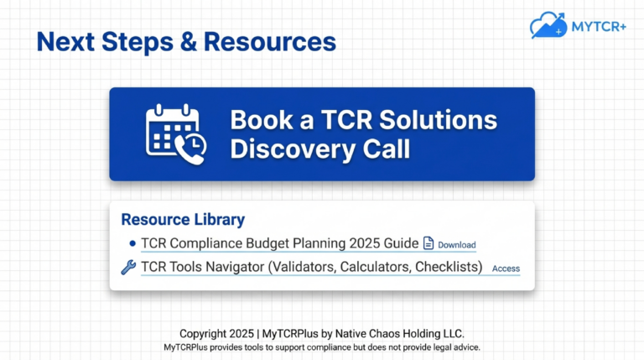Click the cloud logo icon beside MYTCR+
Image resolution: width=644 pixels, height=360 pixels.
coord(548,25)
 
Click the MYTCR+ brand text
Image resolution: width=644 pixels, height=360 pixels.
coord(600,25)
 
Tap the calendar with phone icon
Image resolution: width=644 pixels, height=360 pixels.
coord(173,133)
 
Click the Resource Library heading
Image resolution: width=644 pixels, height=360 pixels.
coord(183,220)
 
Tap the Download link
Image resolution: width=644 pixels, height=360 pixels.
coord(456,245)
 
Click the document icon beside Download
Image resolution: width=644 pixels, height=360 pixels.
coord(428,244)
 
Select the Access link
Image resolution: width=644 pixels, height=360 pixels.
coord(506,269)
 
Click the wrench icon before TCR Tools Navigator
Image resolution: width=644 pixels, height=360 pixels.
coord(128,268)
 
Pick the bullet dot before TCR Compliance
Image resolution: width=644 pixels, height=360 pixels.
coord(132,244)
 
